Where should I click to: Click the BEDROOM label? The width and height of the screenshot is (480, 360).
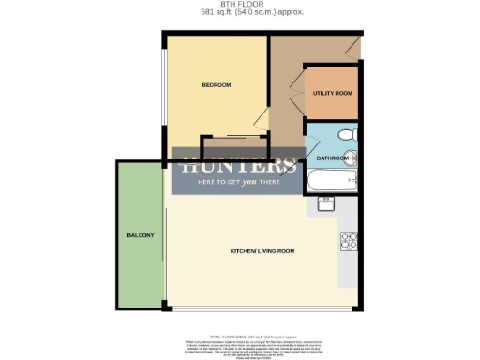[217, 85]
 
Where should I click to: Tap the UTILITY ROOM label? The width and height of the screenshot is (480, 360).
[332, 94]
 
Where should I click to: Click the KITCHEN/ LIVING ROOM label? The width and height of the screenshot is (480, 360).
[262, 252]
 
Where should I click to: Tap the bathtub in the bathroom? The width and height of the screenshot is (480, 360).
[331, 179]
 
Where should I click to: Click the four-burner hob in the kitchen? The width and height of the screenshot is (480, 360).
[350, 241]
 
